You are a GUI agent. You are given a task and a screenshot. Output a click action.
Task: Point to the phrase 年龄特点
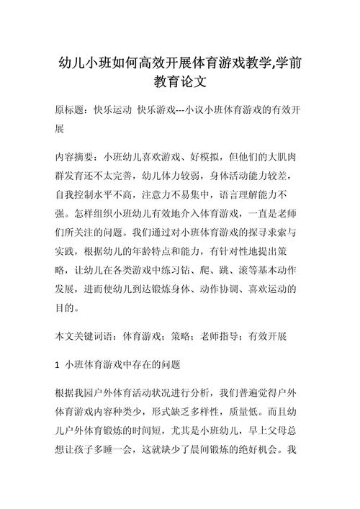coord(176,252)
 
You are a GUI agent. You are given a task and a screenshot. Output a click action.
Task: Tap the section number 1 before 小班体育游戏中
coord(58,366)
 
